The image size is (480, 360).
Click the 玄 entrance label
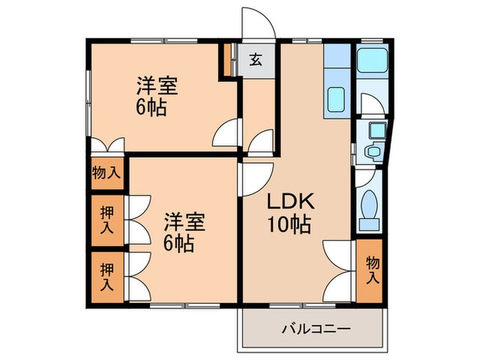click(x=254, y=60)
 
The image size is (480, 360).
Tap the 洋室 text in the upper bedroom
click(x=157, y=87)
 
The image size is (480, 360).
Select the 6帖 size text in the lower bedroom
click(x=179, y=243)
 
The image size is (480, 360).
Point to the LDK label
click(x=290, y=202)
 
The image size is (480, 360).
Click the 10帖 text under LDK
click(x=290, y=224)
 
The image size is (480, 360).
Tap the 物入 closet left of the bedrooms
click(x=106, y=172)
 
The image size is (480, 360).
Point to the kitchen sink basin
click(x=337, y=100)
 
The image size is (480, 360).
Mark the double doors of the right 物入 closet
click(x=338, y=267)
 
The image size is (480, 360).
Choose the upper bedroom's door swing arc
click(x=227, y=133)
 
